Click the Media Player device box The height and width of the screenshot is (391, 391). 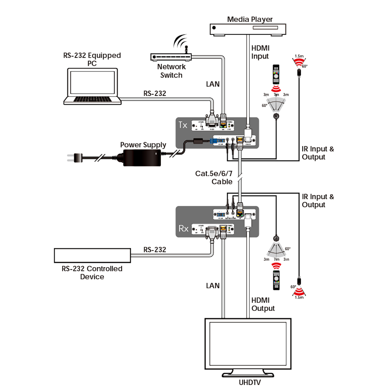click(248, 29)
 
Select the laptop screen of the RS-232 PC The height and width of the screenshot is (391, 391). click(93, 82)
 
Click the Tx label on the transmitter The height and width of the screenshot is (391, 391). click(183, 125)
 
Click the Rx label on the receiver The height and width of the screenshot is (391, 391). click(183, 228)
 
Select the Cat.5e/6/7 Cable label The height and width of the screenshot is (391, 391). click(214, 178)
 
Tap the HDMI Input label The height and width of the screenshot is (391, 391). click(260, 52)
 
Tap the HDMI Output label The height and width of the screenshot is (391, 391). click(263, 304)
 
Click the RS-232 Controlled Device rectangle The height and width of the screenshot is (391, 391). click(92, 255)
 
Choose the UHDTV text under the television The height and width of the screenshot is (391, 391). click(250, 383)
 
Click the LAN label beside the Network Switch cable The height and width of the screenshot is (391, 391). click(212, 84)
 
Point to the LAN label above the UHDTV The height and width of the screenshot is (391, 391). click(212, 286)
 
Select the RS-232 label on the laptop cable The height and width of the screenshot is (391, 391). click(155, 94)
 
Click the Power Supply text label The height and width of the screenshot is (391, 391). click(143, 145)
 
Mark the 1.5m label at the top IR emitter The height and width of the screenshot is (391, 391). click(299, 56)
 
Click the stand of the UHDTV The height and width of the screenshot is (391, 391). click(248, 373)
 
